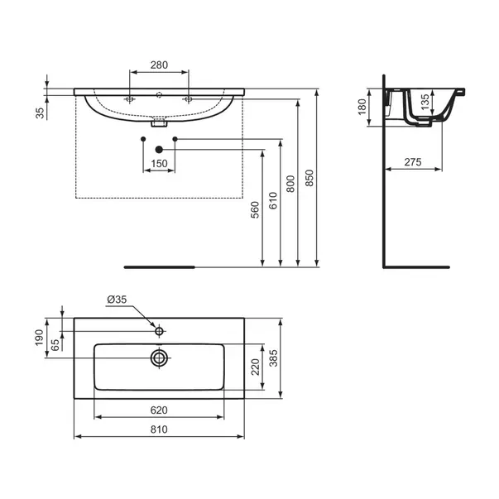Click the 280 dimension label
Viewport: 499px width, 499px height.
coord(159,65)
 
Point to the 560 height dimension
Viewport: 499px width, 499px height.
coord(256,212)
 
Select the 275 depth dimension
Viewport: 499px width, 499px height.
coord(413,164)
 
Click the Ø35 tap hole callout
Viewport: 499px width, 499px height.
coord(117,300)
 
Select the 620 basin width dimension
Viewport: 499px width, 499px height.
coord(159,409)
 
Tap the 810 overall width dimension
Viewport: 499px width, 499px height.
coord(159,429)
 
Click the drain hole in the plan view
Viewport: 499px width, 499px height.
coord(159,357)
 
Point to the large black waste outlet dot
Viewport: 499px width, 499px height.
coord(159,148)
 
